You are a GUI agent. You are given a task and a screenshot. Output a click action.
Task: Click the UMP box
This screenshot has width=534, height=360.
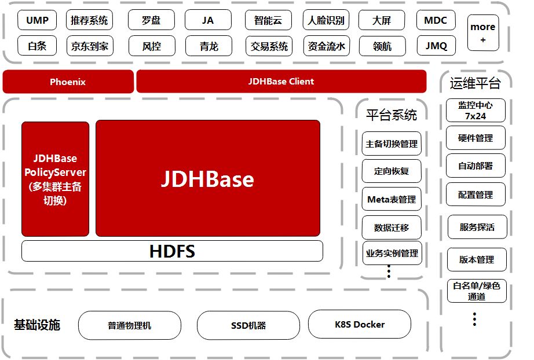38,21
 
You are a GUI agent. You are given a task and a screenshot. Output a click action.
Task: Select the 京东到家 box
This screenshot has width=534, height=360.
90,46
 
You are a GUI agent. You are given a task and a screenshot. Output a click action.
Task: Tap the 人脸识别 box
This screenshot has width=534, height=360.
326,21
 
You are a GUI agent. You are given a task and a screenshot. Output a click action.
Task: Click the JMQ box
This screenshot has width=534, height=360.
436,46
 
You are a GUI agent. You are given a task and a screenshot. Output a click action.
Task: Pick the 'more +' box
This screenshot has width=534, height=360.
483,33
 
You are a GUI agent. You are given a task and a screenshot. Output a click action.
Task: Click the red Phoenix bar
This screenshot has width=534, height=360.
68,82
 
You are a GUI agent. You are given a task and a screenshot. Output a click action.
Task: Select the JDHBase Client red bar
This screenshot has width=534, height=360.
281,82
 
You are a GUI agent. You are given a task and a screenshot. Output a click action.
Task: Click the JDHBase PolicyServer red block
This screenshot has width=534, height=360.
56,179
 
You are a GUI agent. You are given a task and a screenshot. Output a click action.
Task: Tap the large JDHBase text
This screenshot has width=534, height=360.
207,179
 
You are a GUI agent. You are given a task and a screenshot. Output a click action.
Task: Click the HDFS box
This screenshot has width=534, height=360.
172,251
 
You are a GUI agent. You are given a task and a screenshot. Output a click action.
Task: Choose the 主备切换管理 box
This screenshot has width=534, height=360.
392,144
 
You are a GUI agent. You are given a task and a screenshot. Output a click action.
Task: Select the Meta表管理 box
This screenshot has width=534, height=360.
392,200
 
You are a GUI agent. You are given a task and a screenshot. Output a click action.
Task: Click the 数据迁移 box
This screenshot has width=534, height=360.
392,228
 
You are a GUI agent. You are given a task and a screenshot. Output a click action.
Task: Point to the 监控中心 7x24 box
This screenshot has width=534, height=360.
476,111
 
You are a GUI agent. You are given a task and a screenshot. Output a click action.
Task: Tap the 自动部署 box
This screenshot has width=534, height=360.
476,166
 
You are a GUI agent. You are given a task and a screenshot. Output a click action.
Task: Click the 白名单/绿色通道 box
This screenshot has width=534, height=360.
476,291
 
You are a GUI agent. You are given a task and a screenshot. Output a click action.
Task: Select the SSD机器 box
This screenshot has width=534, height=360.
248,325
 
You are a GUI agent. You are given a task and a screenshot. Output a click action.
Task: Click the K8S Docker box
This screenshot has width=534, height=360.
360,324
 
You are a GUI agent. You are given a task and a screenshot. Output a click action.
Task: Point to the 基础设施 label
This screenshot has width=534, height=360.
37,325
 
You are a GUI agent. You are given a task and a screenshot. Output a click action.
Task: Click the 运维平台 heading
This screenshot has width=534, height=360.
475,83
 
